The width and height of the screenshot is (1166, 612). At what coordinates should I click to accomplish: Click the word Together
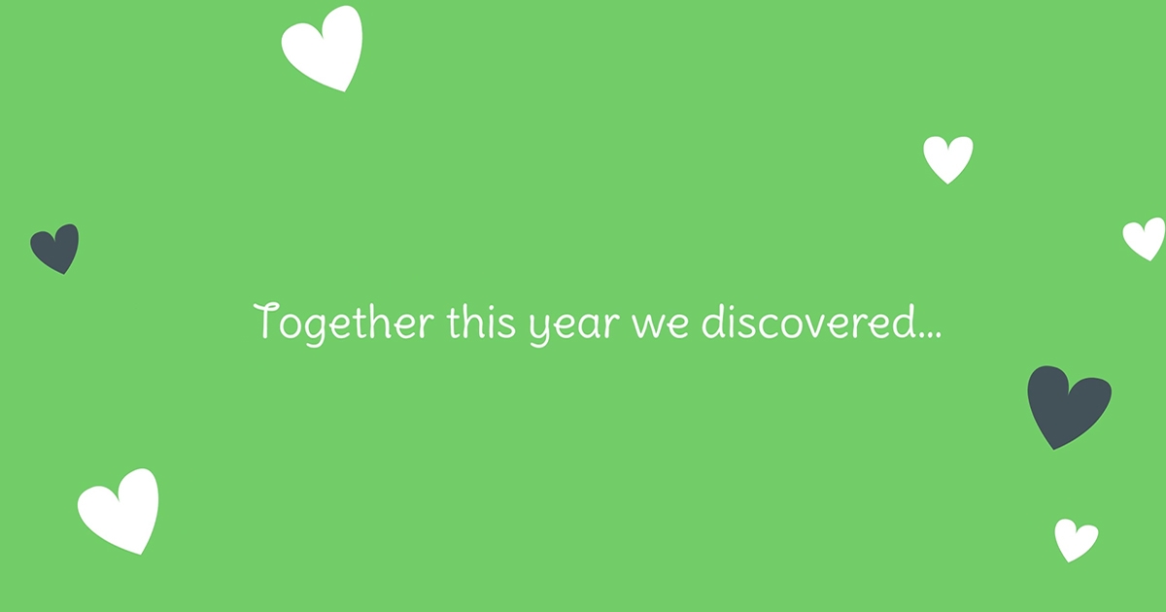(344, 323)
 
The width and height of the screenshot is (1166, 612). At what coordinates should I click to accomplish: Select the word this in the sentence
(481, 323)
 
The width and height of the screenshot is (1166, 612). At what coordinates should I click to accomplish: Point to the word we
(660, 325)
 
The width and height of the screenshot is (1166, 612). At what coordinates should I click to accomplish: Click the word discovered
(808, 323)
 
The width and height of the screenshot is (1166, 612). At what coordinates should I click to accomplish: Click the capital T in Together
(265, 321)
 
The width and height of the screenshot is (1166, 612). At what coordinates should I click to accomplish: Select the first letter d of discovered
(712, 323)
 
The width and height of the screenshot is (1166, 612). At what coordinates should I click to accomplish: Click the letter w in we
(646, 325)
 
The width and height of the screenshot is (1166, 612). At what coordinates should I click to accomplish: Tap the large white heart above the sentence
(324, 48)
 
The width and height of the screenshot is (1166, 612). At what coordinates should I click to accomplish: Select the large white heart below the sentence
(120, 510)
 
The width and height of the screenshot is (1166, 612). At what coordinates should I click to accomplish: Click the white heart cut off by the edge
(1146, 239)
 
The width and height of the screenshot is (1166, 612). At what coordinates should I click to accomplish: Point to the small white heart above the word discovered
(948, 158)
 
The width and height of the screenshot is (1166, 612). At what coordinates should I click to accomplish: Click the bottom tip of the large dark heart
(1053, 449)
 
